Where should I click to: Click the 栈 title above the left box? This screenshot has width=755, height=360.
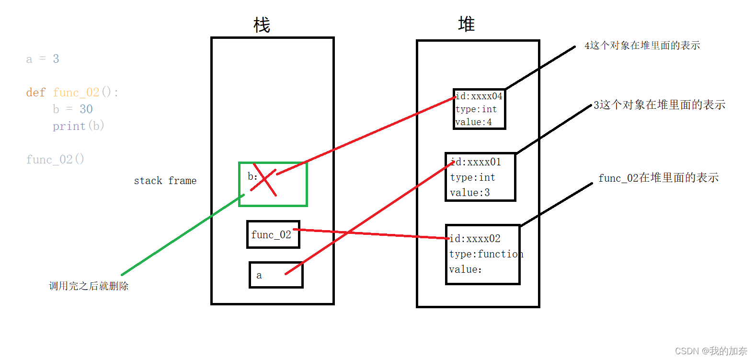[x=262, y=25]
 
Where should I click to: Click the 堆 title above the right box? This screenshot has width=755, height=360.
[x=466, y=24]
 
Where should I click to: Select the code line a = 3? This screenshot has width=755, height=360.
[x=43, y=59]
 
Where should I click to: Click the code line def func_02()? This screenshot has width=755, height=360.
[x=72, y=92]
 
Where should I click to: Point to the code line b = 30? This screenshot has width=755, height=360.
[x=72, y=109]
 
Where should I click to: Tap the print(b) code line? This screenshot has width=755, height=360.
[x=78, y=126]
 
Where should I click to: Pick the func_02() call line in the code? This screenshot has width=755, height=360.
[x=55, y=159]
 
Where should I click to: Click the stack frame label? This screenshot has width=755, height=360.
[x=165, y=181]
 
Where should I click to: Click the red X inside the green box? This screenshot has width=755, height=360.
[x=264, y=180]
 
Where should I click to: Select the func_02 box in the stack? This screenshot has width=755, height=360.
[x=273, y=234]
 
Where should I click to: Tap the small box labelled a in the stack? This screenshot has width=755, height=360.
[x=276, y=275]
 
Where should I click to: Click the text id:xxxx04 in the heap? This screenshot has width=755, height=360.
[x=479, y=96]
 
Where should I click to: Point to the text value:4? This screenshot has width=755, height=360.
[x=473, y=122]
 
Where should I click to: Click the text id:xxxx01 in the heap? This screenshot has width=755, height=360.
[x=476, y=162]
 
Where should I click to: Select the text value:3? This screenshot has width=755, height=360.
[x=469, y=193]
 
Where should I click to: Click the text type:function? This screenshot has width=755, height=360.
[x=486, y=254]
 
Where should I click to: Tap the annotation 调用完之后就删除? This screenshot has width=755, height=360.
[x=89, y=286]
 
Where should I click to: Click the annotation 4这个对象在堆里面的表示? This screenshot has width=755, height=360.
[x=642, y=46]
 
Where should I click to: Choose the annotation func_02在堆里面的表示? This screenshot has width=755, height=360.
[x=658, y=178]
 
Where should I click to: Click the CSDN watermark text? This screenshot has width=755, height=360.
[x=711, y=351]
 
